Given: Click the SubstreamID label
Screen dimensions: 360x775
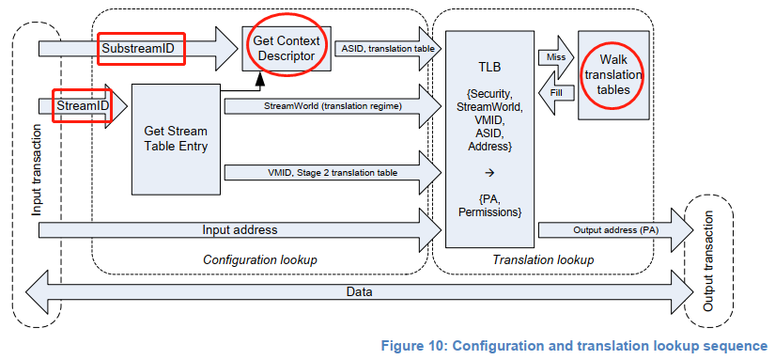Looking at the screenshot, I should [x=140, y=46].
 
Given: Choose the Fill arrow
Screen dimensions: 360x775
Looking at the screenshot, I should [x=555, y=93].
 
